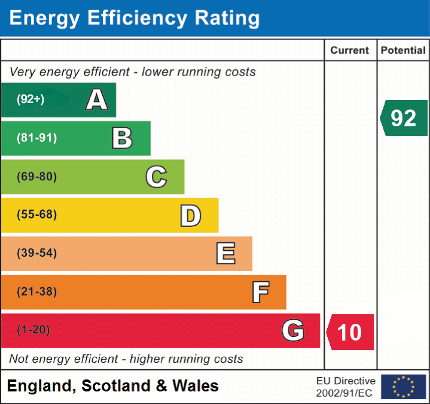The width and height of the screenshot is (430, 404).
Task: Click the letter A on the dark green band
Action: (97, 100)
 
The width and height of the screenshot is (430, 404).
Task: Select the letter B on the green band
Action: (122, 138)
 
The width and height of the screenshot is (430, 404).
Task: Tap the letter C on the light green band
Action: (156, 177)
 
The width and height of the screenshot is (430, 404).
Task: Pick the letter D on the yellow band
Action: (191, 215)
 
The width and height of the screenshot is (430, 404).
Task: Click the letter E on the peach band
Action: (225, 254)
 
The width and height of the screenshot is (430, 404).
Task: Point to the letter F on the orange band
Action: (260, 292)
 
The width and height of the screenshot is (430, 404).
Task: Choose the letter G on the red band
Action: (293, 330)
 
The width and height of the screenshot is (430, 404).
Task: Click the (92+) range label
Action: (31, 99)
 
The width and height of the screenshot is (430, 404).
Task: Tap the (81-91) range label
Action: (36, 138)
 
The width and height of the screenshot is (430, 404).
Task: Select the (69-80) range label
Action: (36, 177)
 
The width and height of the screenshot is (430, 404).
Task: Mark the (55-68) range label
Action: (36, 215)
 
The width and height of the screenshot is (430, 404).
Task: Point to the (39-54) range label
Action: (36, 253)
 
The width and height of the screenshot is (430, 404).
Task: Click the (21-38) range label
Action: (36, 292)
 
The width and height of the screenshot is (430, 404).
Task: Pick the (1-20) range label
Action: (33, 330)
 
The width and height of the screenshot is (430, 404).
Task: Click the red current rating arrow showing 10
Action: (350, 332)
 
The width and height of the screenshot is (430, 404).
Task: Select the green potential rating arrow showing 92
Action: (404, 118)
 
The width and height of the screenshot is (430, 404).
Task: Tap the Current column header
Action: (350, 51)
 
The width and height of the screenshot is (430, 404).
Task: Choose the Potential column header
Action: (403, 51)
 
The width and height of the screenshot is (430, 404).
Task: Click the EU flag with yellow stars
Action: (403, 387)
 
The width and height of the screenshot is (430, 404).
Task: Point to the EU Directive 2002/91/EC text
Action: (346, 387)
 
